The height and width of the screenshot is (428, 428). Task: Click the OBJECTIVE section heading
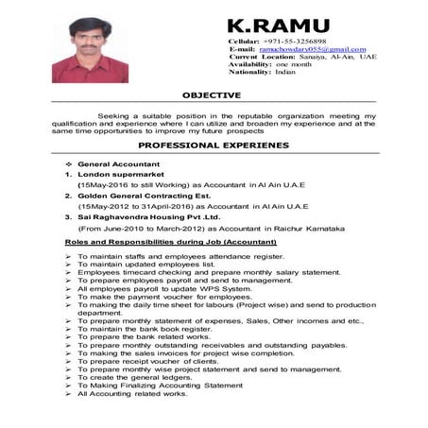212,94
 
